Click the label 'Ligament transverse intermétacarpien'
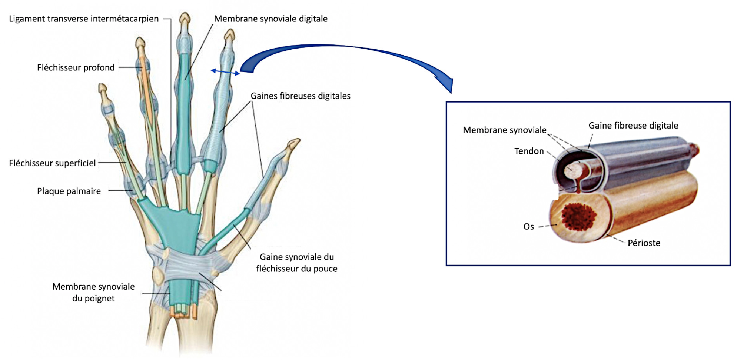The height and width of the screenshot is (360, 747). point(84,19)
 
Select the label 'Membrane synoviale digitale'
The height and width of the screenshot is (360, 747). point(270,19)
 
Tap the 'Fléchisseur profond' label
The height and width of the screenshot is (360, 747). point(76,68)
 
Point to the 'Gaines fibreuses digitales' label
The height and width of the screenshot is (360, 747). point(300,96)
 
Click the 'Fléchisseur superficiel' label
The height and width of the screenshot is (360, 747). point(52,163)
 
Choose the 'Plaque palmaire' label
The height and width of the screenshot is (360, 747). point(69,191)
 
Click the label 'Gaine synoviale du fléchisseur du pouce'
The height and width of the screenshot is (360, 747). point(296,263)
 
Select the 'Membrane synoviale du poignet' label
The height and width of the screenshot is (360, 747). point(93,292)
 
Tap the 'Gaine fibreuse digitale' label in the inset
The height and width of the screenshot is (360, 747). point(633,126)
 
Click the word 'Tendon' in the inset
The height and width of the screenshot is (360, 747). point(529,151)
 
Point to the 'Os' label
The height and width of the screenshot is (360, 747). point(528,227)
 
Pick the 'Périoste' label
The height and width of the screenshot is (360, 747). point(644,243)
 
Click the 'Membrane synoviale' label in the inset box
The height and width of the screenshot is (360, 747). point(504,130)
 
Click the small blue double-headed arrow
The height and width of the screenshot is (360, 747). point(225,72)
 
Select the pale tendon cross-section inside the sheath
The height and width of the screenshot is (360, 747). point(572,171)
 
